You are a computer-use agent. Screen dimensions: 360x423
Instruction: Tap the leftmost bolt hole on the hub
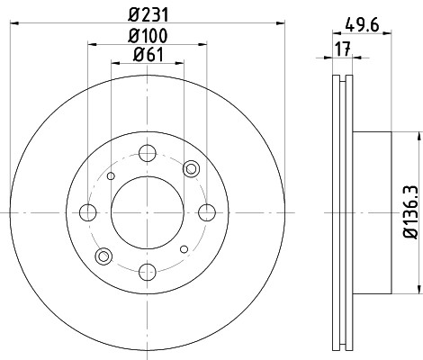(x=88, y=212)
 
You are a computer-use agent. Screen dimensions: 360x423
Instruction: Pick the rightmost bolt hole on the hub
(x=207, y=212)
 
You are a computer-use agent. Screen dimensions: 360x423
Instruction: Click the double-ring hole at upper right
(x=190, y=169)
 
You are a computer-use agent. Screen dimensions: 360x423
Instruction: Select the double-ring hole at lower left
(x=105, y=256)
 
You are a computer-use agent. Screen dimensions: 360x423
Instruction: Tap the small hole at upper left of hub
(x=111, y=176)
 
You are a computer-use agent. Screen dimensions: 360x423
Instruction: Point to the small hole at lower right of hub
(x=184, y=248)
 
